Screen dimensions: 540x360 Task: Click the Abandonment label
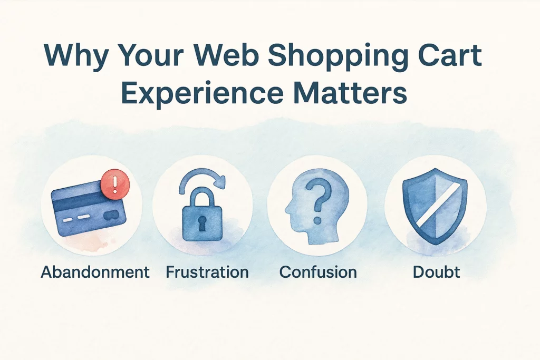pyautogui.click(x=95, y=272)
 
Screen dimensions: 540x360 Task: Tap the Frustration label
pyautogui.click(x=207, y=272)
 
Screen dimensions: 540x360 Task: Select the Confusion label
pyautogui.click(x=318, y=272)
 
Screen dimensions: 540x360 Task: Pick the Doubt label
pyautogui.click(x=436, y=272)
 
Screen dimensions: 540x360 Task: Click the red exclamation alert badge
pyautogui.click(x=115, y=184)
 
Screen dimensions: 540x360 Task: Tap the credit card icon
pyautogui.click(x=89, y=209)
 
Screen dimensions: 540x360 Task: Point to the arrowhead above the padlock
pyautogui.click(x=219, y=181)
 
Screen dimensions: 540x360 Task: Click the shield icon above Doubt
pyautogui.click(x=436, y=206)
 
